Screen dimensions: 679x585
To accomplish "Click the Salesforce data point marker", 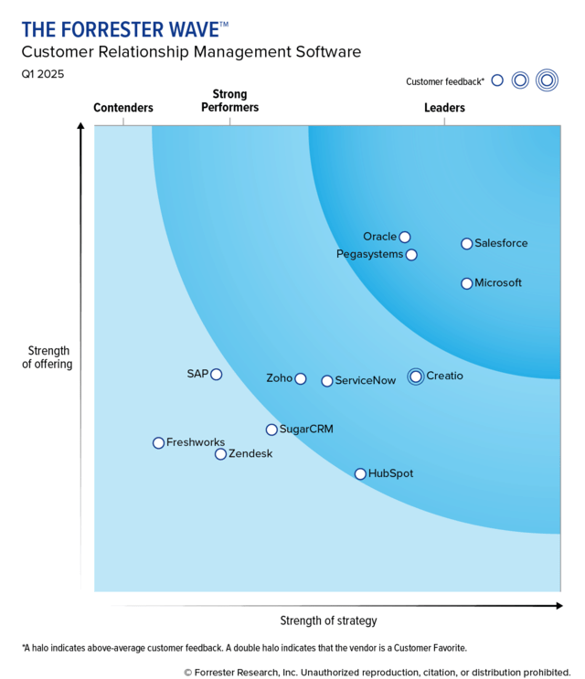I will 467,244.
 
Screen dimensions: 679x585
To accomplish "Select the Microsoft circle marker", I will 467,283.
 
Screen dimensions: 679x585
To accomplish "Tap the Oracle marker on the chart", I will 405,238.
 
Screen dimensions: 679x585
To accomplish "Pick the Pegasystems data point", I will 411,255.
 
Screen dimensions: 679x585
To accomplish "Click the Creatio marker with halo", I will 416,377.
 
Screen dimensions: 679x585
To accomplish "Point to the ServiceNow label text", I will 366,380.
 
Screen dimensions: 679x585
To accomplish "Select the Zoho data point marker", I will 301,378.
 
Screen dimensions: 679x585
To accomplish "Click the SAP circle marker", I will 217,374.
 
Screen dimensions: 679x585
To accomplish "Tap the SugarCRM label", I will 306,430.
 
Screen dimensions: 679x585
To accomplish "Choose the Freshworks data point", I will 159,443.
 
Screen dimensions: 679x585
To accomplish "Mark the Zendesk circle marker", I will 221,454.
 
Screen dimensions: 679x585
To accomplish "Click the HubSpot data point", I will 360,474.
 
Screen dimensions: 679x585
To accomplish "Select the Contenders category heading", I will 123,108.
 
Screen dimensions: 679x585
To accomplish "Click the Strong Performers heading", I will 229,101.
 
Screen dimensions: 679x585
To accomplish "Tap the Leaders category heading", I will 444,108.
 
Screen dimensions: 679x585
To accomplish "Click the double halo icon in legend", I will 547,80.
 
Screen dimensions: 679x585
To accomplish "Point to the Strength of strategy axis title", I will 328,621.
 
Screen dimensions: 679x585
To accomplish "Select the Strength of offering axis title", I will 48,357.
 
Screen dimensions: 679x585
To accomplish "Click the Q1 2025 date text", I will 43,74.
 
